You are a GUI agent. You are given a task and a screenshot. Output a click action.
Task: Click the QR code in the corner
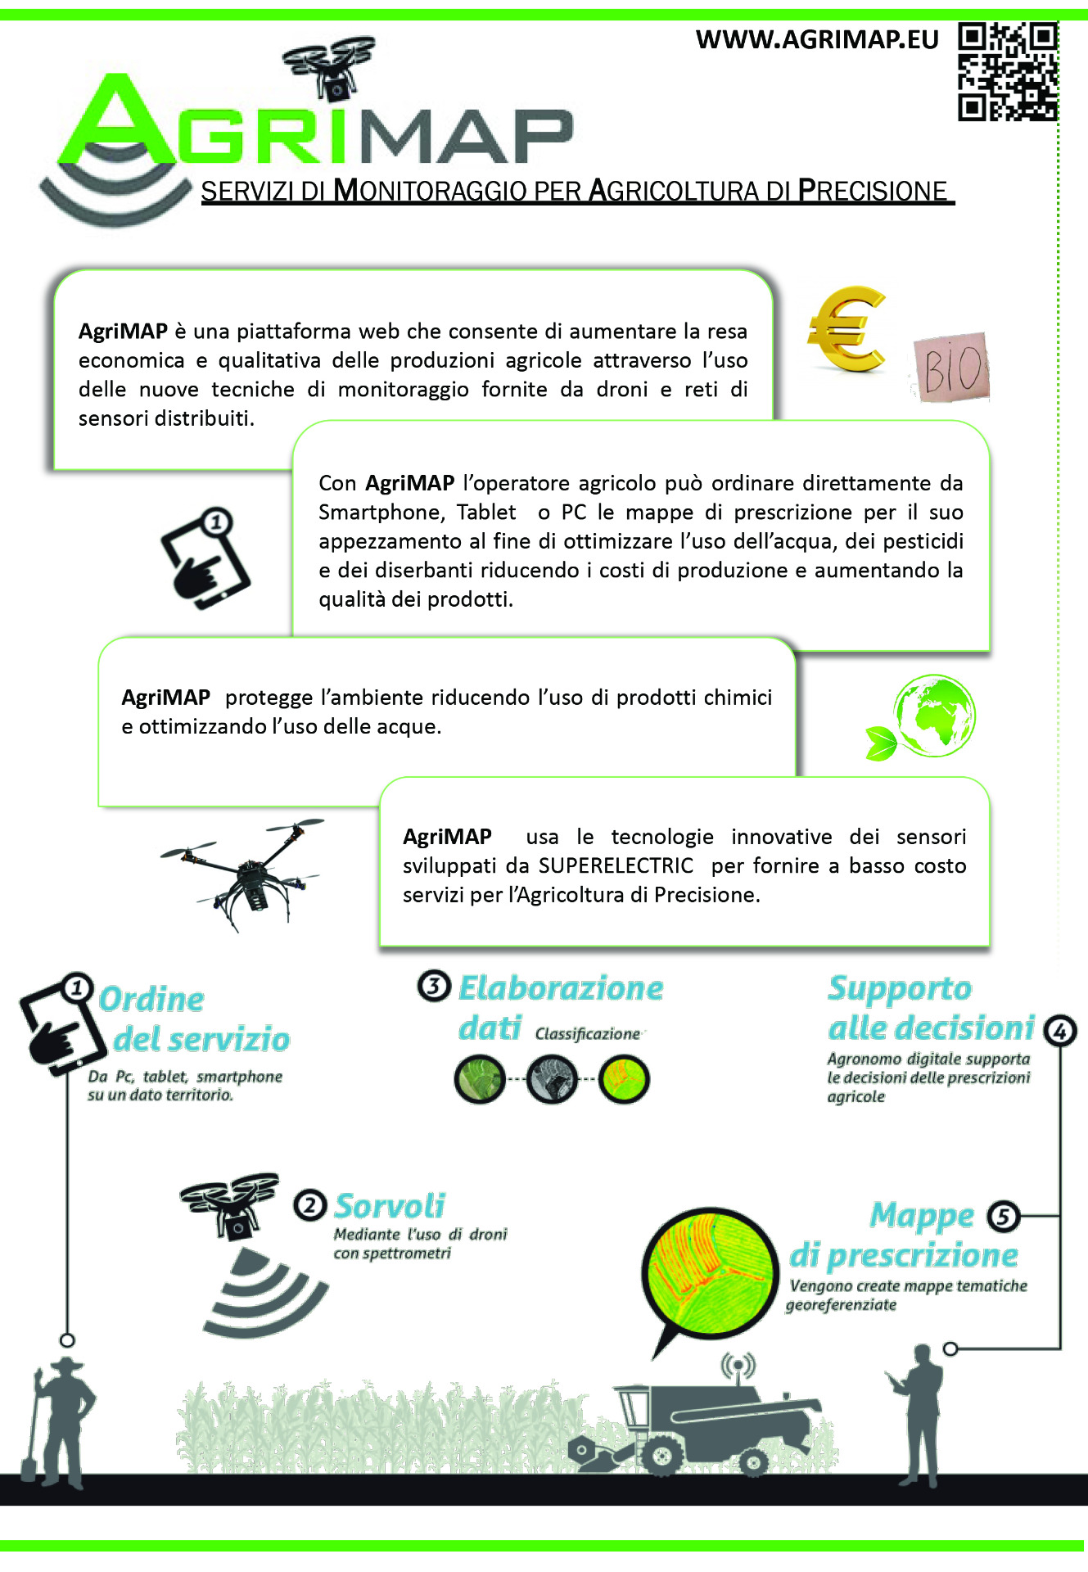1008,71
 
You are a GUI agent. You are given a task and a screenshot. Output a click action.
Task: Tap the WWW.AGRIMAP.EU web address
816,39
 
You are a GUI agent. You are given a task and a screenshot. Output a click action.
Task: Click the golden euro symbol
847,328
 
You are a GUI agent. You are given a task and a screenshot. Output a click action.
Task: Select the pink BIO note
951,368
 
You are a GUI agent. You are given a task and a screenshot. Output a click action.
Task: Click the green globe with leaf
925,717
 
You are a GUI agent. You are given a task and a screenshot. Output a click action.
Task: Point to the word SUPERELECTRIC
616,865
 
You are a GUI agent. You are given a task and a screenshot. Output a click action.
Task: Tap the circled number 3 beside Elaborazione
434,986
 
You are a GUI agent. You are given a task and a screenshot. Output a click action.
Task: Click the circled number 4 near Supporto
1059,1031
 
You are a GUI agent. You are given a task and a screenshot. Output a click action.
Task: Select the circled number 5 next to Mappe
1004,1217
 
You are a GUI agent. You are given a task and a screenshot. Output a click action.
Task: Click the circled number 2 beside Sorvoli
309,1205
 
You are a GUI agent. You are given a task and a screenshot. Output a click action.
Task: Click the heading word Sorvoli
390,1206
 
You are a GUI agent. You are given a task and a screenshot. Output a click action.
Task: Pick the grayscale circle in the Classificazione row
552,1079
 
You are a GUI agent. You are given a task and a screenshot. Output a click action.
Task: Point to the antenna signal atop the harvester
738,1366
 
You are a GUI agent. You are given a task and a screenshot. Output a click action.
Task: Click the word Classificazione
588,1034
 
